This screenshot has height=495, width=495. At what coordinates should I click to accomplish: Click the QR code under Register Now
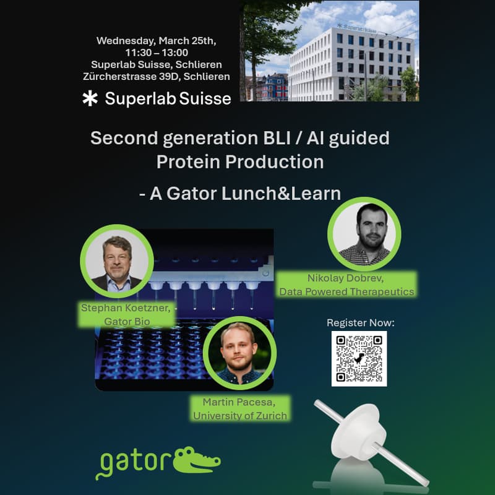click(359, 358)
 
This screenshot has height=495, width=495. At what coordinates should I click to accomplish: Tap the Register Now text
click(360, 322)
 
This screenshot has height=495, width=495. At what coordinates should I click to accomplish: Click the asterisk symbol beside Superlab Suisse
click(90, 98)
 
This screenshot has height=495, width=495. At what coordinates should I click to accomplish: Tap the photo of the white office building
click(329, 51)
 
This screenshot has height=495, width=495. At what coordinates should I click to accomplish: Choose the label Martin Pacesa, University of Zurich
click(240, 409)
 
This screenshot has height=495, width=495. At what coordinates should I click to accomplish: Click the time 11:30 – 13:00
click(156, 53)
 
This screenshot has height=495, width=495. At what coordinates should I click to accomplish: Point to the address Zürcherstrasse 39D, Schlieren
click(156, 76)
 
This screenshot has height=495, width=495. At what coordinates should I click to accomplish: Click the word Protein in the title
click(187, 162)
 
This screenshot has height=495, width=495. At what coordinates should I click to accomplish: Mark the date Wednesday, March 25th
click(156, 41)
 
